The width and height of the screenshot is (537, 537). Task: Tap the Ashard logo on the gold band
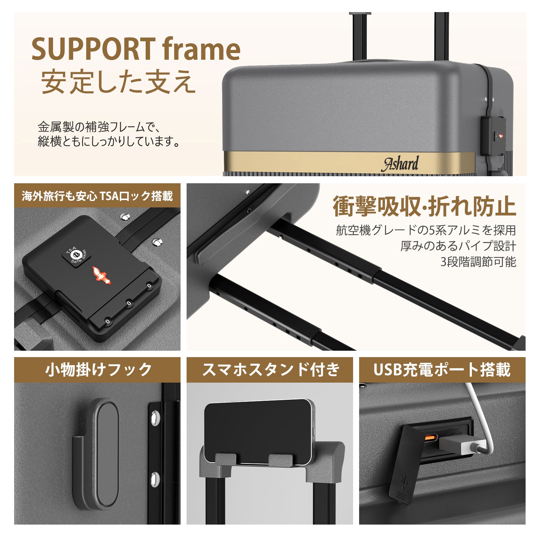pyautogui.click(x=400, y=163)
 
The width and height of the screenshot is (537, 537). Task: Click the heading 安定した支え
pyautogui.click(x=118, y=82)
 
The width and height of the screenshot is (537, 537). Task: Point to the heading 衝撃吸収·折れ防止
pyautogui.click(x=424, y=206)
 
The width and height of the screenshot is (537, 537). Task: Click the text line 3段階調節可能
pyautogui.click(x=478, y=262)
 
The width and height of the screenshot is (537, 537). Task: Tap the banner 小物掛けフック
pyautogui.click(x=97, y=370)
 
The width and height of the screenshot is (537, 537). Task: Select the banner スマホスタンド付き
pyautogui.click(x=270, y=370)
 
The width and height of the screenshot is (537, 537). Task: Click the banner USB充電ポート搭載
pyautogui.click(x=442, y=370)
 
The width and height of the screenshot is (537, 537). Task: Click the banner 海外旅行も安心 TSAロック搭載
pyautogui.click(x=97, y=196)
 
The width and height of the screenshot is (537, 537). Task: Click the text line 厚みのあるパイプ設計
pyautogui.click(x=458, y=246)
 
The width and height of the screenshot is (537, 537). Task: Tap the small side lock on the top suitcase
pyautogui.click(x=493, y=136)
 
